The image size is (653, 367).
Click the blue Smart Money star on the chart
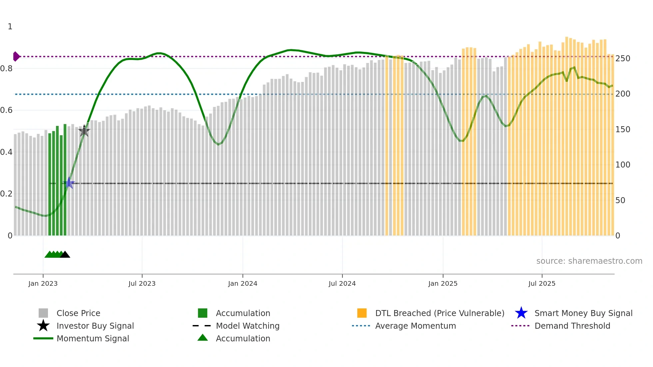pyautogui.click(x=69, y=183)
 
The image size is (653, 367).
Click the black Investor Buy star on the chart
pyautogui.click(x=84, y=131)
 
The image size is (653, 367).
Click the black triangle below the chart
pyautogui.click(x=65, y=255)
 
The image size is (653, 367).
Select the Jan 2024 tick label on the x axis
pyautogui.click(x=243, y=283)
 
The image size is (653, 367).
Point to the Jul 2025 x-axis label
pyautogui.click(x=542, y=283)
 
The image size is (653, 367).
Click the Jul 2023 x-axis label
pyautogui.click(x=142, y=283)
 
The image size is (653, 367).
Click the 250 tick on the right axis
pyautogui.click(x=623, y=59)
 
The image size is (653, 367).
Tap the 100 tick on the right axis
pyautogui.click(x=623, y=165)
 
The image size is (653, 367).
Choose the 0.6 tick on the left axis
pyautogui.click(x=6, y=110)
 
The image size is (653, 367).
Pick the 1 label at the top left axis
pyautogui.click(x=10, y=27)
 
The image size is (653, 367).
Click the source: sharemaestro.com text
pyautogui.click(x=589, y=261)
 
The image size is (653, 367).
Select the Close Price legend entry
pyautogui.click(x=78, y=313)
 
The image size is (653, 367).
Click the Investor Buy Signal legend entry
pyautogui.click(x=95, y=326)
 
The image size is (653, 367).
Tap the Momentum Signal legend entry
pyautogui.click(x=93, y=338)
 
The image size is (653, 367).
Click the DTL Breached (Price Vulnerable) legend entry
pyautogui.click(x=439, y=313)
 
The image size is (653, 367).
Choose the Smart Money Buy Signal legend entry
pyautogui.click(x=583, y=313)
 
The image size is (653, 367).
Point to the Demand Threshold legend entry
pyautogui.click(x=572, y=326)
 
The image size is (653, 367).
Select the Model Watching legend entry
pyautogui.click(x=248, y=326)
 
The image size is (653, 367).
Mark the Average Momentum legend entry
pyautogui.click(x=415, y=326)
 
